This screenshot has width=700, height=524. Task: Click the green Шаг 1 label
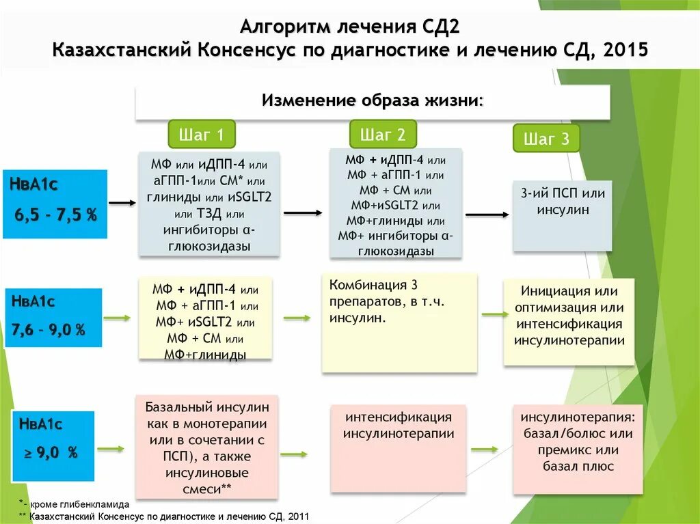click(202, 135)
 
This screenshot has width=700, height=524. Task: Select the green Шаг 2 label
click(383, 135)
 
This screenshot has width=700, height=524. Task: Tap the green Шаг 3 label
click(546, 139)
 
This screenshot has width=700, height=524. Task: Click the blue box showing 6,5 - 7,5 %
click(55, 204)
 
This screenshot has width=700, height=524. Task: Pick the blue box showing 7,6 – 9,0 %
click(53, 317)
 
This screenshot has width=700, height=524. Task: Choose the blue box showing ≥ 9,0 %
click(53, 445)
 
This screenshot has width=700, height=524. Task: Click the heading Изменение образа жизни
click(373, 101)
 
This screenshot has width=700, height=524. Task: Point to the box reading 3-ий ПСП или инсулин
click(563, 215)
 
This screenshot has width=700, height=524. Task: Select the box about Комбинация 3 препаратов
click(399, 322)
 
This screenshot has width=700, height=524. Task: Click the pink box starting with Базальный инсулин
click(207, 447)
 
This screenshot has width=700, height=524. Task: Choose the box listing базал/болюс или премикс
click(578, 448)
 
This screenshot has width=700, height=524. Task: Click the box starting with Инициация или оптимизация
click(569, 321)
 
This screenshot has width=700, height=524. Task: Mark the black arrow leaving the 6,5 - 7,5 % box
click(123, 203)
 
